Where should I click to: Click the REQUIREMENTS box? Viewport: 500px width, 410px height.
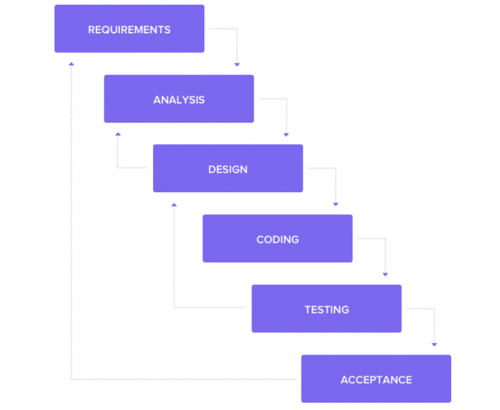click(129, 29)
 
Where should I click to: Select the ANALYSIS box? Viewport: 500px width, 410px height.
click(179, 99)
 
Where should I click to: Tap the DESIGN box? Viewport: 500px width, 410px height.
click(228, 169)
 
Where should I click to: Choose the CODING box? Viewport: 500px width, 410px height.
click(277, 239)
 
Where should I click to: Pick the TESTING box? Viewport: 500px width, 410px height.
click(327, 309)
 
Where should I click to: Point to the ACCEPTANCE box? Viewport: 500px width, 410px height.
click(376, 379)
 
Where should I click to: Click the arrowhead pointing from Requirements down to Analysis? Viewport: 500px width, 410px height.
click(237, 65)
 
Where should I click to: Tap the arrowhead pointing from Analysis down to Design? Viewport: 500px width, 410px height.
click(286, 134)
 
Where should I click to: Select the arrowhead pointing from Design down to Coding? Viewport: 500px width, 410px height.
click(336, 204)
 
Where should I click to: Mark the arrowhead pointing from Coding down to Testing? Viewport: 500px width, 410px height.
click(385, 274)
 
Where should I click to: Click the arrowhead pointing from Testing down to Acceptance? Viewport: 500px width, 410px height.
click(434, 344)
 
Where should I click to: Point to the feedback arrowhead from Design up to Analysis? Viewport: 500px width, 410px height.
click(118, 134)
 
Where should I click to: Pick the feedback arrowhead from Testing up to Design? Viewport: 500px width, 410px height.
click(174, 204)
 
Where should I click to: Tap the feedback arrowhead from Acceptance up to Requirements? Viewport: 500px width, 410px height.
click(72, 63)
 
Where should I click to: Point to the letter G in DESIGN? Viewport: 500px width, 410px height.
click(235, 169)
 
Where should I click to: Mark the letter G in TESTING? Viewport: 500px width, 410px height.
click(344, 310)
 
